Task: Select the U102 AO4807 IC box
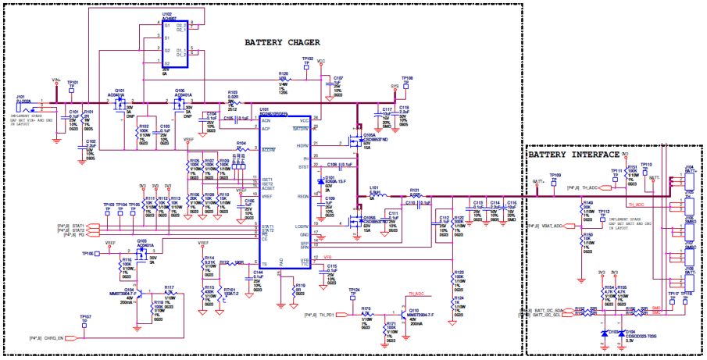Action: point(180,45)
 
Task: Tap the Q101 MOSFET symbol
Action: point(120,102)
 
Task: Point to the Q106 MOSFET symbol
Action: point(180,102)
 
